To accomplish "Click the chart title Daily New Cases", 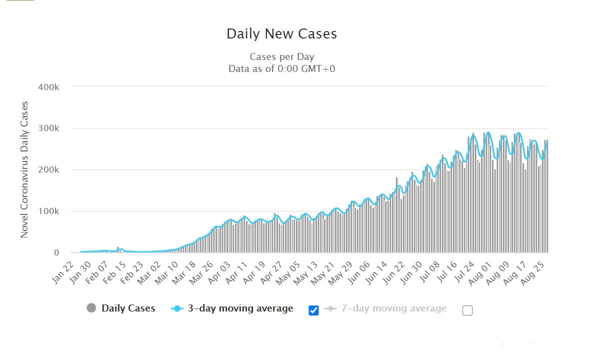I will click(281, 34).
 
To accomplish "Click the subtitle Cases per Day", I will click(281, 56).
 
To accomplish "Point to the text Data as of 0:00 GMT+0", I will click(281, 68).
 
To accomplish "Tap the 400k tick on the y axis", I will click(48, 87).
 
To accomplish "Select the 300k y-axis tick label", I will click(48, 128).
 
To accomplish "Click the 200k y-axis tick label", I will click(48, 170).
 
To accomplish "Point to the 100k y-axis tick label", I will click(48, 211).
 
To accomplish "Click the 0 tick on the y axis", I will click(56, 253).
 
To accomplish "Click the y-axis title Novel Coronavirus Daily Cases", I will click(24, 169).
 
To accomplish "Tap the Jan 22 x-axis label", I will click(63, 272).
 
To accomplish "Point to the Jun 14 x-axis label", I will click(376, 273).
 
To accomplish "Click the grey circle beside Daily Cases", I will click(91, 308).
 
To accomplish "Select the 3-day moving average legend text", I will click(240, 308).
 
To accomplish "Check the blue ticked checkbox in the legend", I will click(313, 310).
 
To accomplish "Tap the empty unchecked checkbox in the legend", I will click(467, 310).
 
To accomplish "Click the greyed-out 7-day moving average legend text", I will click(393, 308).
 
